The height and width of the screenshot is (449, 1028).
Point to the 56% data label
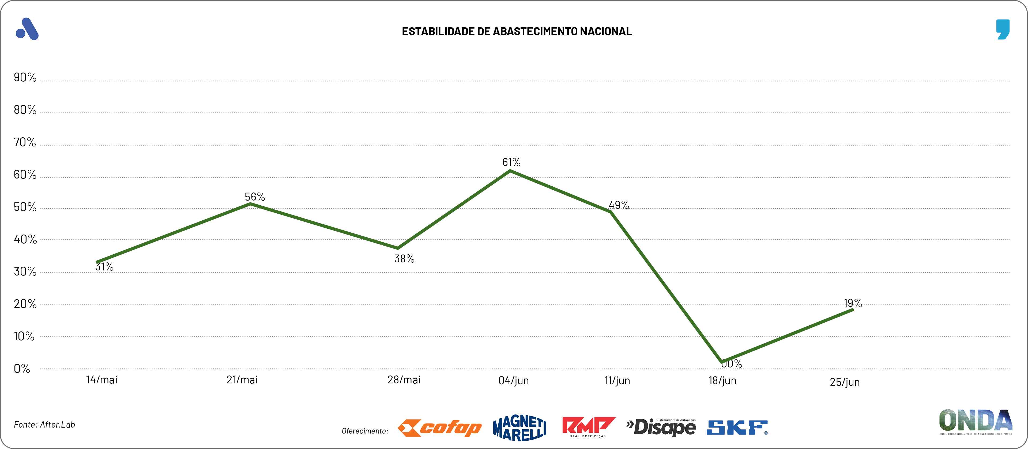[255, 197]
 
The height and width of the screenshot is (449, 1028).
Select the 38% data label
[404, 259]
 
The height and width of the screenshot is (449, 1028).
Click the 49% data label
[619, 205]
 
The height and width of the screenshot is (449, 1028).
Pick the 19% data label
[853, 303]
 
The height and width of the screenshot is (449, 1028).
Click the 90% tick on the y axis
[25, 77]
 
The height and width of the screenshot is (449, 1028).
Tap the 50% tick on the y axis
[25, 207]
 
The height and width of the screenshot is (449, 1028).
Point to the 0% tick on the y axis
[22, 369]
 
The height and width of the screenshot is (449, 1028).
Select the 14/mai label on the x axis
[102, 380]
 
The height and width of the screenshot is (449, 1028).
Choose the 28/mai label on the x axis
[404, 380]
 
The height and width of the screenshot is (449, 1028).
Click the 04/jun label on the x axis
[514, 380]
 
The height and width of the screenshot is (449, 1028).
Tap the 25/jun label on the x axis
[844, 382]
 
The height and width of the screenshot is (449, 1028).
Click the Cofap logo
[439, 428]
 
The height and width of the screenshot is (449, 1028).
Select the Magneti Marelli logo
[519, 428]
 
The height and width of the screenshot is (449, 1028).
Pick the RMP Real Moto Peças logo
[588, 427]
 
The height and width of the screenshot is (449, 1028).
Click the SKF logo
[737, 428]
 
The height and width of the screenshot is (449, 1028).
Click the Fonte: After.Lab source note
[44, 425]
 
